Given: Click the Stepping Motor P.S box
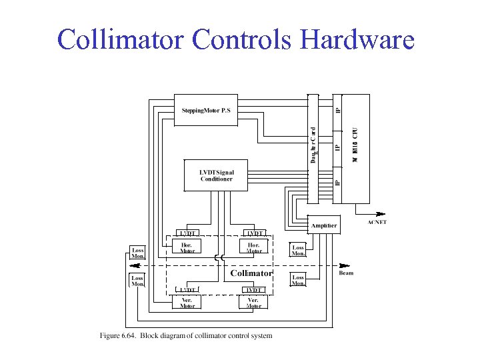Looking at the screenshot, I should point(206,110).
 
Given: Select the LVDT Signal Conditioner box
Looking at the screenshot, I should point(216,175).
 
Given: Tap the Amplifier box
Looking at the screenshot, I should point(323,225).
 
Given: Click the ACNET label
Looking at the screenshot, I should point(377,222).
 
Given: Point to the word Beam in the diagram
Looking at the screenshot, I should point(346,273).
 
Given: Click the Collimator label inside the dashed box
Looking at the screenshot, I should point(251,273).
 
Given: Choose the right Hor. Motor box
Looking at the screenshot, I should point(253,247).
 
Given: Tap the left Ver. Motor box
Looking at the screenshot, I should point(188,303).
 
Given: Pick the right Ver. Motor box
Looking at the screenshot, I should point(253,303).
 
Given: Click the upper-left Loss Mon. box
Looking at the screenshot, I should point(138,253).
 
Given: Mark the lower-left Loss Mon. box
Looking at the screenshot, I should point(137,281).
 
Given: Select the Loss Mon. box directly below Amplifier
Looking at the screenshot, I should point(298,250).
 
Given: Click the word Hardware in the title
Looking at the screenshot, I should point(357,40).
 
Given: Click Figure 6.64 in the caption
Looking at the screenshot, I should point(118,335).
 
